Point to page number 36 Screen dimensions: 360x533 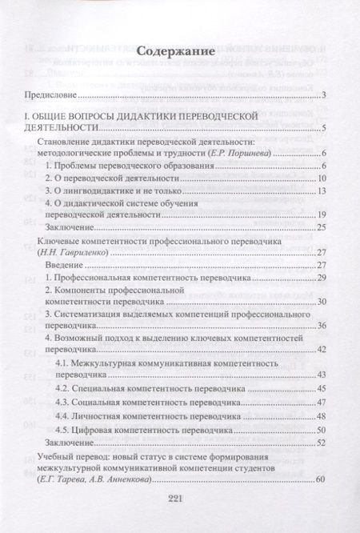(x=321, y=327)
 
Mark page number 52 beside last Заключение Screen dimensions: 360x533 (x=321, y=442)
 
